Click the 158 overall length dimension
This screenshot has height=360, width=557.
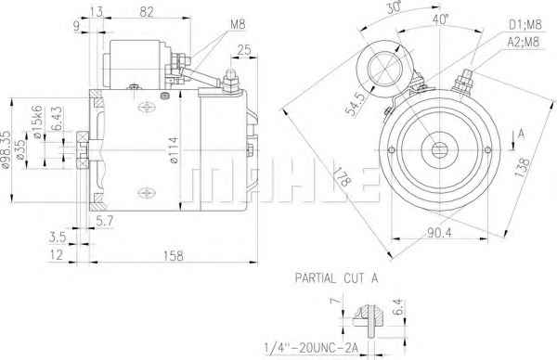[174, 256]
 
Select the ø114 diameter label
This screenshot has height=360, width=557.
[175, 150]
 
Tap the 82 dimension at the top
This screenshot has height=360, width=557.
[147, 12]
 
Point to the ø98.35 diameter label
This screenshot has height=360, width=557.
[6, 149]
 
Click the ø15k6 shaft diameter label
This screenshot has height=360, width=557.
[38, 121]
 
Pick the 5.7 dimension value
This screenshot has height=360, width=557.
[105, 221]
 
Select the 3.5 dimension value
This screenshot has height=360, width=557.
[58, 238]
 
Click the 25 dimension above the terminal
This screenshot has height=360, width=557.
[244, 50]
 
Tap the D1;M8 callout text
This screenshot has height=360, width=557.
[525, 24]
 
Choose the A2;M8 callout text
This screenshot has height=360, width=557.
[524, 42]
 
